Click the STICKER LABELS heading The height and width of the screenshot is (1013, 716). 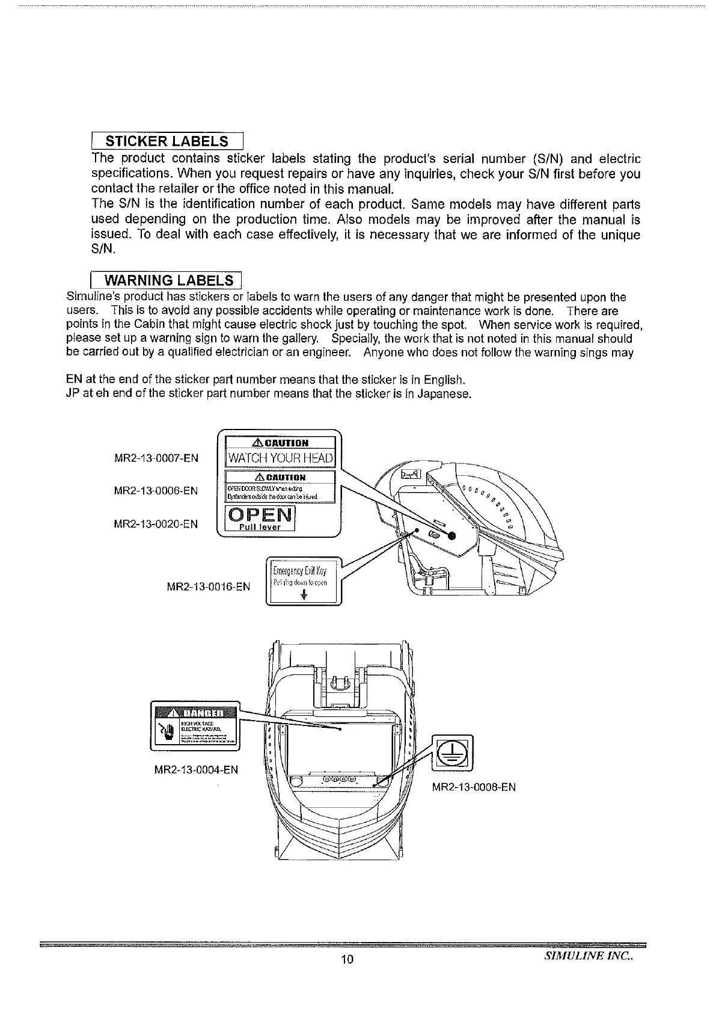(166, 141)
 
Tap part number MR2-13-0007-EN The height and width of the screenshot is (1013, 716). (156, 458)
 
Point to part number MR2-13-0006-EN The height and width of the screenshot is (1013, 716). (156, 491)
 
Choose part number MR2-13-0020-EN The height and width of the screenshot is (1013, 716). (156, 524)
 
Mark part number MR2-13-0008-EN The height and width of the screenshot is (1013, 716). (474, 787)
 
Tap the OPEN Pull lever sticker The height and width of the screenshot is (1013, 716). (260, 518)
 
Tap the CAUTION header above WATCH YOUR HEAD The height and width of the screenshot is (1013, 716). (281, 443)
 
